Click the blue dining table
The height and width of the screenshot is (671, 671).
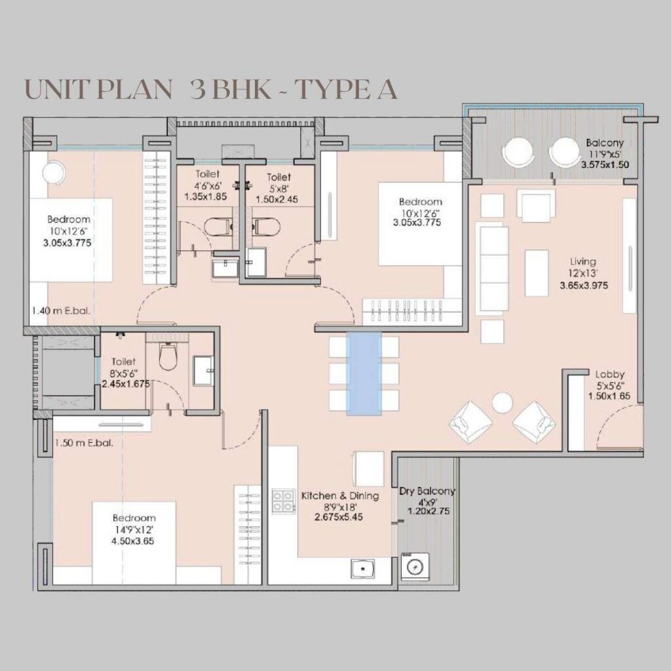[364, 373]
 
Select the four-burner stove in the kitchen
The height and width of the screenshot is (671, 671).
[283, 501]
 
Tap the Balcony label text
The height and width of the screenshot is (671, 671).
[605, 142]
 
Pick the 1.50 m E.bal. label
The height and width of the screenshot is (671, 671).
[84, 442]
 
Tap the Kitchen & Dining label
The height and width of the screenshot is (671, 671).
[339, 495]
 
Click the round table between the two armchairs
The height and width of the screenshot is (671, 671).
[502, 401]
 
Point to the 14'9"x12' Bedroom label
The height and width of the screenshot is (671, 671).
[134, 518]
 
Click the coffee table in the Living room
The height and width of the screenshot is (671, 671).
[538, 273]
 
